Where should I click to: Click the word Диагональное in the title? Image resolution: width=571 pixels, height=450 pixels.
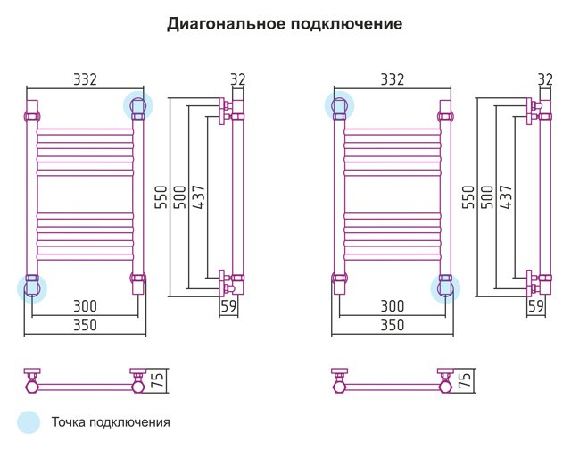click(226, 24)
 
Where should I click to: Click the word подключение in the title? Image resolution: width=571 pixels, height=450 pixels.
click(346, 24)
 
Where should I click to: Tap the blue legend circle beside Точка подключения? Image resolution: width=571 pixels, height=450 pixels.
click(29, 422)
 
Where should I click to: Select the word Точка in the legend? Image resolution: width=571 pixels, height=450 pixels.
click(69, 422)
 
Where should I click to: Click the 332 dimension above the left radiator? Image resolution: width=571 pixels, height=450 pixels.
click(86, 79)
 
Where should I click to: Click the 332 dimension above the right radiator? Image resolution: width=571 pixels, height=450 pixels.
click(393, 79)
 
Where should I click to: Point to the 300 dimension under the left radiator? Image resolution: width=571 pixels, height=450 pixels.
click(86, 306)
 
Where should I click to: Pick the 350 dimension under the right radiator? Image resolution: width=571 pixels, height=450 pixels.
click(393, 325)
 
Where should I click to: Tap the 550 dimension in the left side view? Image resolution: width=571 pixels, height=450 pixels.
click(161, 197)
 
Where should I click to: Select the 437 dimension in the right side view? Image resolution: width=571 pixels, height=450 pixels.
click(506, 197)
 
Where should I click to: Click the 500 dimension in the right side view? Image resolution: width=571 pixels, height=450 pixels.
click(487, 197)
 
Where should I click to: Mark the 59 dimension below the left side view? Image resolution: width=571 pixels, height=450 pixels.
click(228, 306)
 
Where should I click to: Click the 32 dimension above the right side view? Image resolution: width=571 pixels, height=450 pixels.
click(545, 79)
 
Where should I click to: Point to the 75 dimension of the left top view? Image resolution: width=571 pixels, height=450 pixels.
click(159, 379)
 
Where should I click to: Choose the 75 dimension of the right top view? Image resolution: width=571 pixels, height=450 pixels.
click(466, 379)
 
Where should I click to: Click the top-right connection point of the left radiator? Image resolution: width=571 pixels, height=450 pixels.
click(138, 105)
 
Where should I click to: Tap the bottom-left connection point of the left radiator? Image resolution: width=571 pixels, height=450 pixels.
click(32, 288)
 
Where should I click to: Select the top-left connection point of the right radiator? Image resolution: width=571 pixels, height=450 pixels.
click(339, 105)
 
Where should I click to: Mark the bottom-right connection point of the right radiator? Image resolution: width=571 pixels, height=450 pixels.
click(445, 288)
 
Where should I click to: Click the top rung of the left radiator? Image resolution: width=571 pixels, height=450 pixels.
click(86, 131)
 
